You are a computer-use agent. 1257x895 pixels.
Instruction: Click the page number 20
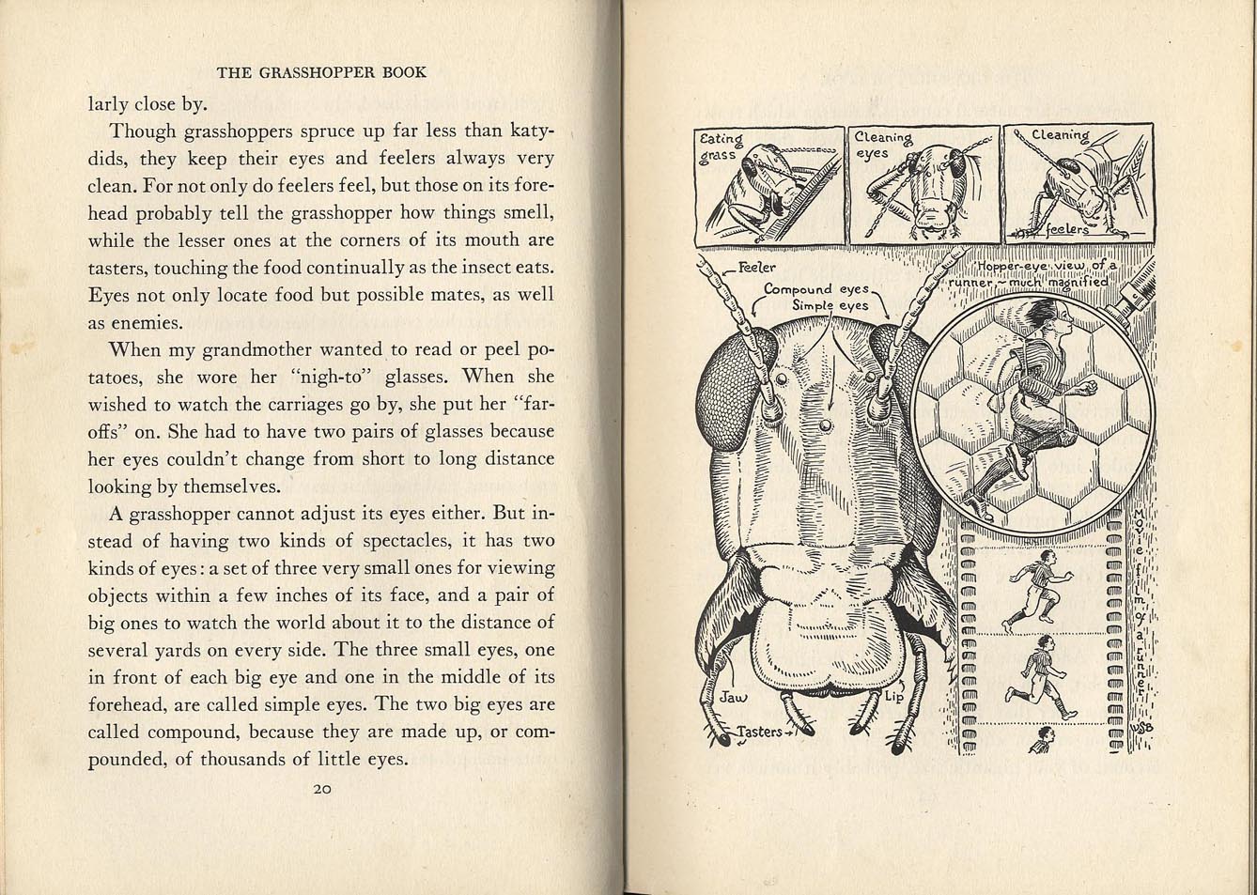(321, 789)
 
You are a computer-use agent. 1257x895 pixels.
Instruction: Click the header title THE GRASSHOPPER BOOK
(321, 72)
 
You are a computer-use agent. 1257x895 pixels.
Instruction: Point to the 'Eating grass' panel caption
(721, 147)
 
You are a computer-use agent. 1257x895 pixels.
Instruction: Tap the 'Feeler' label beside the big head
(757, 268)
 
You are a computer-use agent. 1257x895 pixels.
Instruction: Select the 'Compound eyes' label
(816, 289)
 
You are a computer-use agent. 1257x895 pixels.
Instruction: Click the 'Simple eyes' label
(830, 305)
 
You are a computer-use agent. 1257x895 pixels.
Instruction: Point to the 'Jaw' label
(732, 698)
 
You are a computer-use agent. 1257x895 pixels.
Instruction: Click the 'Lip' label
(892, 698)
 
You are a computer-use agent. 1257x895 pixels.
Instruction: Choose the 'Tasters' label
(759, 732)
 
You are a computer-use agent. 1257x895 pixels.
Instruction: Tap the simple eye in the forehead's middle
(825, 426)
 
